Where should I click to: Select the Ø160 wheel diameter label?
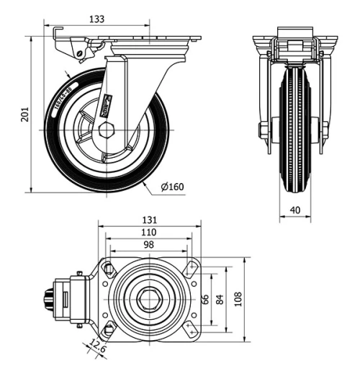(172, 187)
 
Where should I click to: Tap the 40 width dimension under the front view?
(295, 209)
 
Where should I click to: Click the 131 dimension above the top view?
(149, 220)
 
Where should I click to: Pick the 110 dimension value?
(148, 233)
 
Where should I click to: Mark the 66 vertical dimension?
(204, 298)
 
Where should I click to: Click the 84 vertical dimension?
(221, 298)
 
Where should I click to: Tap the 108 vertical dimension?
(238, 298)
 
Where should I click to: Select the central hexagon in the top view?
(150, 298)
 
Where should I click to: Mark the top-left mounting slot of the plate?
(109, 269)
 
